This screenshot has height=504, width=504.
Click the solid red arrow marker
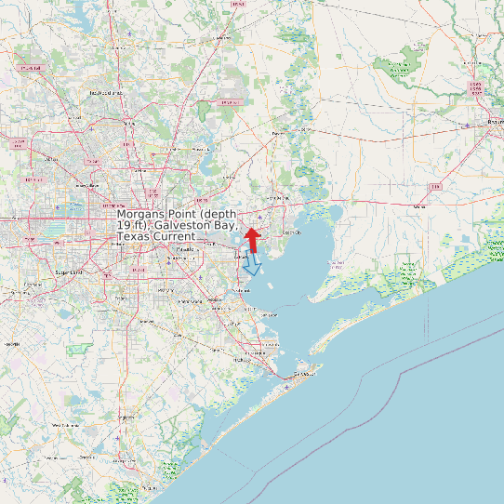251,238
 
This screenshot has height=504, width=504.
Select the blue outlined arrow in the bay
251,266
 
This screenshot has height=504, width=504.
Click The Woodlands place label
106,93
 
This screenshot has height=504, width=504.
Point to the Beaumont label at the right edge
493,122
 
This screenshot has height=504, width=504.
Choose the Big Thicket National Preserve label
400,66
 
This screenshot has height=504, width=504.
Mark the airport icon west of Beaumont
466,125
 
